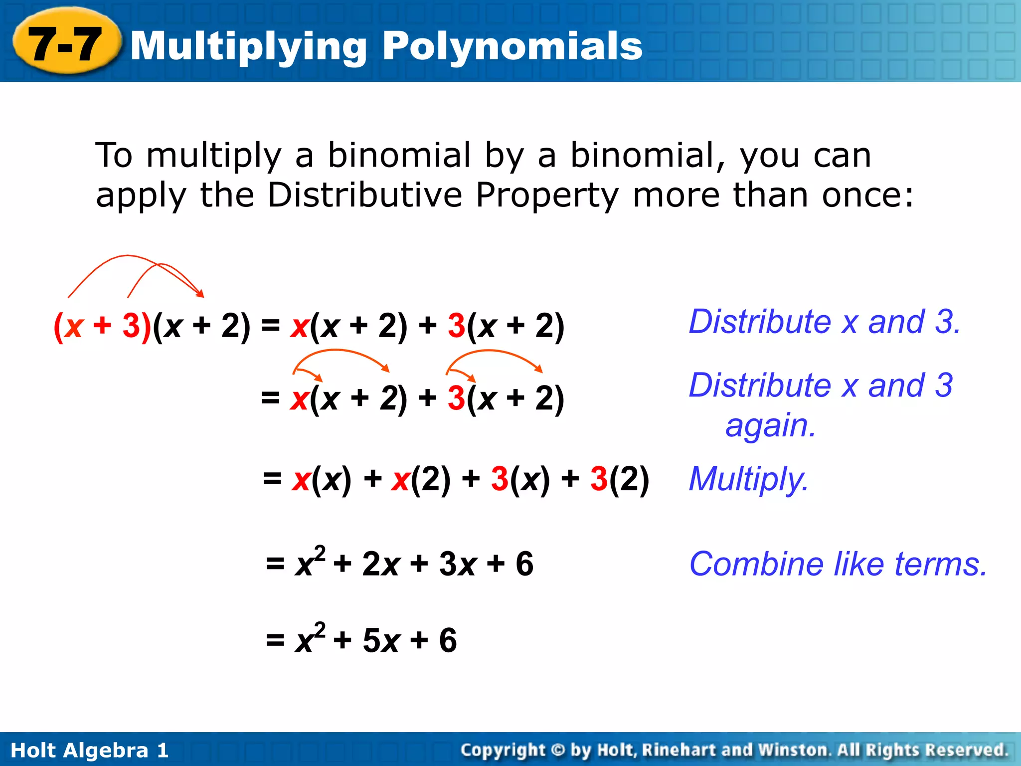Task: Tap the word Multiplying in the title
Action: (x=249, y=46)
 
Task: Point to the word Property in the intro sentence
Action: (x=547, y=194)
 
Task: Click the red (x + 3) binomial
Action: (x=102, y=326)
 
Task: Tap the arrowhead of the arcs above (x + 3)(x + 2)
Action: (x=201, y=294)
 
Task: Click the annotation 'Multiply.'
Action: (x=748, y=479)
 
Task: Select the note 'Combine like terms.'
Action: (x=838, y=564)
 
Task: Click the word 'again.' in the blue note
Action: (x=770, y=426)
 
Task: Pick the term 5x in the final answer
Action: (x=381, y=640)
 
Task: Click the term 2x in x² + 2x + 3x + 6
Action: (x=381, y=564)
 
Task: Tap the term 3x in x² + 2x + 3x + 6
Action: (x=458, y=564)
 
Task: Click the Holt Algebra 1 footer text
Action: (x=90, y=750)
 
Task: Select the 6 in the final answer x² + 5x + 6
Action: (x=448, y=640)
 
